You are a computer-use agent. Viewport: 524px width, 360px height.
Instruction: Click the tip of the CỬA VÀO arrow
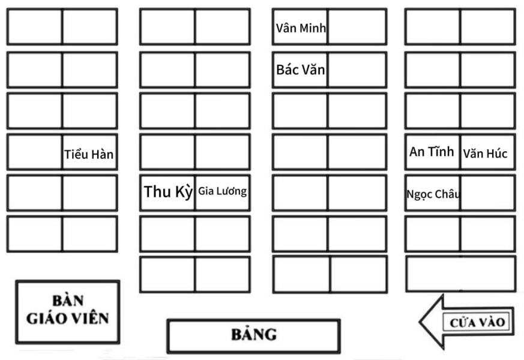point(420,322)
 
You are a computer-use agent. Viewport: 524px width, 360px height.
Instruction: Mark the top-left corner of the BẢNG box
point(167,320)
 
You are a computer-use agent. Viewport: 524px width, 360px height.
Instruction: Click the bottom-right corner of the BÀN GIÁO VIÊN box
point(119,343)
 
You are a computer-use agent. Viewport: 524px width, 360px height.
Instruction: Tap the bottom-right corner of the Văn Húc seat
point(514,169)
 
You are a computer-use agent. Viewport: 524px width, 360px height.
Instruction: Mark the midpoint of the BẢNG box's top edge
point(254,320)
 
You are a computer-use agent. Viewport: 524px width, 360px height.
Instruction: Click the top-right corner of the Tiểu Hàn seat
point(117,134)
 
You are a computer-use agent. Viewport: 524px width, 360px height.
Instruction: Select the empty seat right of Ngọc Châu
point(487,193)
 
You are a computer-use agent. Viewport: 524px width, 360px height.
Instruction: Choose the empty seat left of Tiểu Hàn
point(35,152)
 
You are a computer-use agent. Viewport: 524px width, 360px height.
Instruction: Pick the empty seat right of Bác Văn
point(357,70)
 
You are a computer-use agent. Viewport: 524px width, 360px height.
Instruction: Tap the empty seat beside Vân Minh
point(357,27)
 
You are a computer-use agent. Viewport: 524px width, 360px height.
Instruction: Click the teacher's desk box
point(67,312)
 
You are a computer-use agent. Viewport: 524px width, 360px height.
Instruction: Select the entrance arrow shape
point(466,322)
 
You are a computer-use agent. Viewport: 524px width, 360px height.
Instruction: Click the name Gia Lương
point(223,191)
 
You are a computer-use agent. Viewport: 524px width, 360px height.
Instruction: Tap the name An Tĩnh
point(432,152)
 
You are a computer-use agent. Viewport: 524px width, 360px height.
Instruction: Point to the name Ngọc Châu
point(433,194)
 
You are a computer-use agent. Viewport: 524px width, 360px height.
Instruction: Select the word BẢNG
point(254,334)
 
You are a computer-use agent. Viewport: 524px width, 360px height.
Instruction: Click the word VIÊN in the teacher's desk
point(90,318)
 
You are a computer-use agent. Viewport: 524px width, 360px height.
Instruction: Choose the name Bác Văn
point(301,70)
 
